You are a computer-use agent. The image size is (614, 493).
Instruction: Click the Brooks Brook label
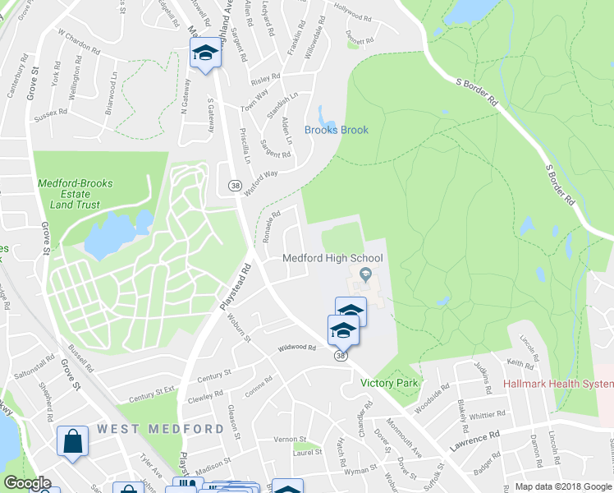click(x=337, y=130)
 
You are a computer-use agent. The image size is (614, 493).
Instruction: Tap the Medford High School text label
click(x=332, y=258)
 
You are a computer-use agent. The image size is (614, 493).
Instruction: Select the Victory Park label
click(x=390, y=383)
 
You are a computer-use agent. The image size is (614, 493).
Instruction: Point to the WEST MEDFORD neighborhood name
click(x=160, y=429)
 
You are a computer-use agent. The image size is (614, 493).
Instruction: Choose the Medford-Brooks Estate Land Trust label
click(x=75, y=194)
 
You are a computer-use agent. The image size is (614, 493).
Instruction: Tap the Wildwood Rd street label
click(x=296, y=348)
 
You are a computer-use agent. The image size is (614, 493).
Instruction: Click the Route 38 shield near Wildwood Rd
click(x=340, y=356)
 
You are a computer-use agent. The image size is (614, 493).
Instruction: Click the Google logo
click(x=27, y=483)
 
